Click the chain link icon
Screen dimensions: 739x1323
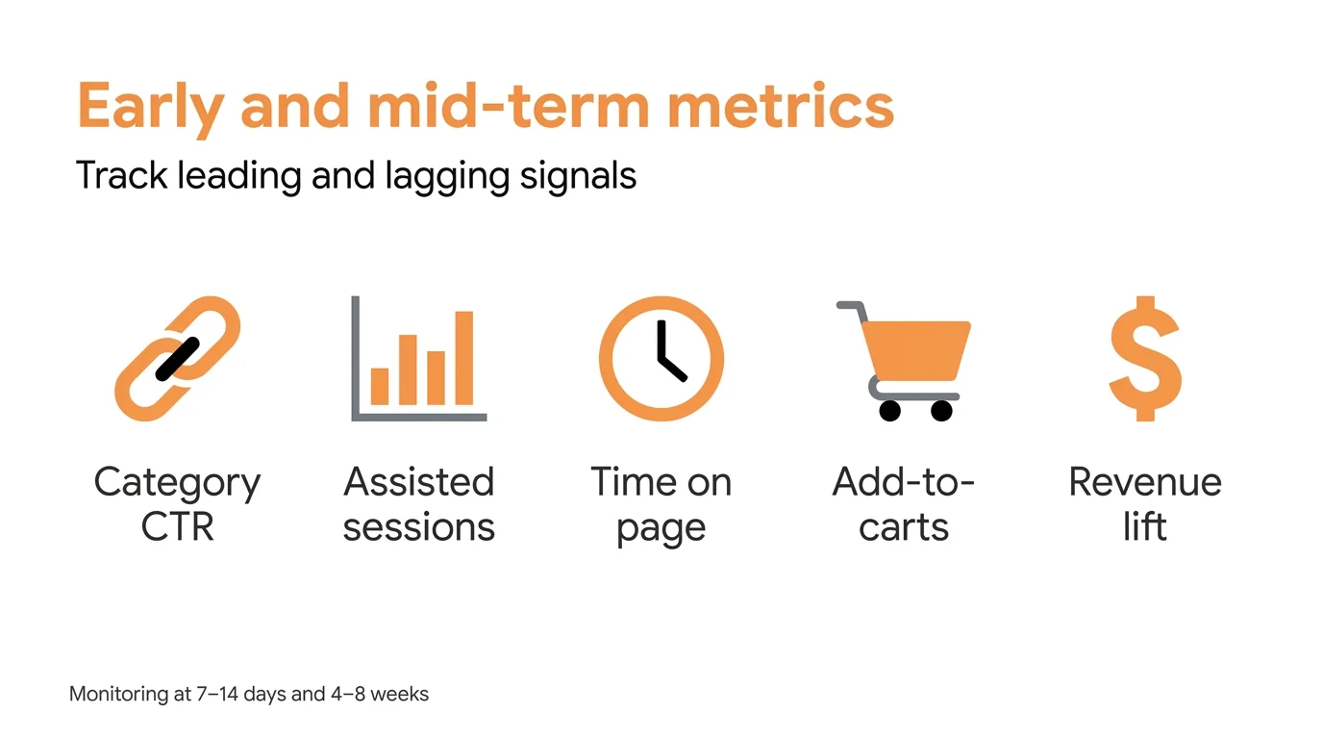(x=177, y=358)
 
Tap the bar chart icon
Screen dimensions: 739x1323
(x=419, y=358)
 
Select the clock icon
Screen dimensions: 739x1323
(x=661, y=358)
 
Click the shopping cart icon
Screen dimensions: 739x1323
(x=904, y=358)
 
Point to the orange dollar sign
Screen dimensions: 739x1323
(x=1144, y=358)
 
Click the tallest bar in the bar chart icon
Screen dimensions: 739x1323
(x=463, y=358)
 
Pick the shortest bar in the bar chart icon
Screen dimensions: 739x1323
(x=380, y=386)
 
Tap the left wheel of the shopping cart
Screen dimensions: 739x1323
(x=890, y=411)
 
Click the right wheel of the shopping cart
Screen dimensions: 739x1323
(x=941, y=411)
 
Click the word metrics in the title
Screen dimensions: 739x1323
(x=780, y=106)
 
